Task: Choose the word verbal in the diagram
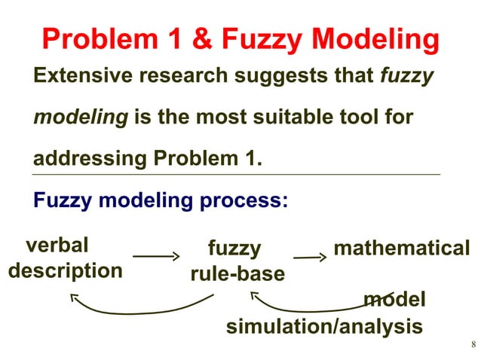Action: [x=57, y=246]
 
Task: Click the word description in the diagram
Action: [x=65, y=270]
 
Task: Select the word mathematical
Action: [x=401, y=248]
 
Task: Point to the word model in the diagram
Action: [x=394, y=300]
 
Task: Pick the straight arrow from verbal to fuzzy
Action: [x=156, y=256]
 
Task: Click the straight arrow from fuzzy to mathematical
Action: [x=309, y=258]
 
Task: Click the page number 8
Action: [x=473, y=346]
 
